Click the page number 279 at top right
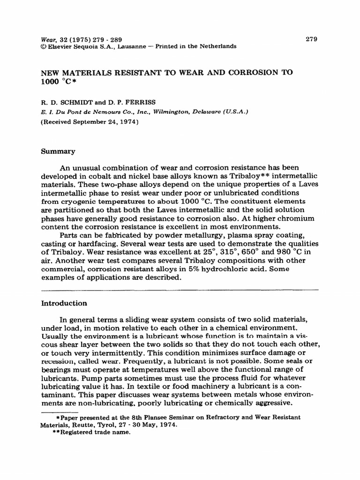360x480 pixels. coord(311,39)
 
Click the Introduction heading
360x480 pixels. coord(64,303)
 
